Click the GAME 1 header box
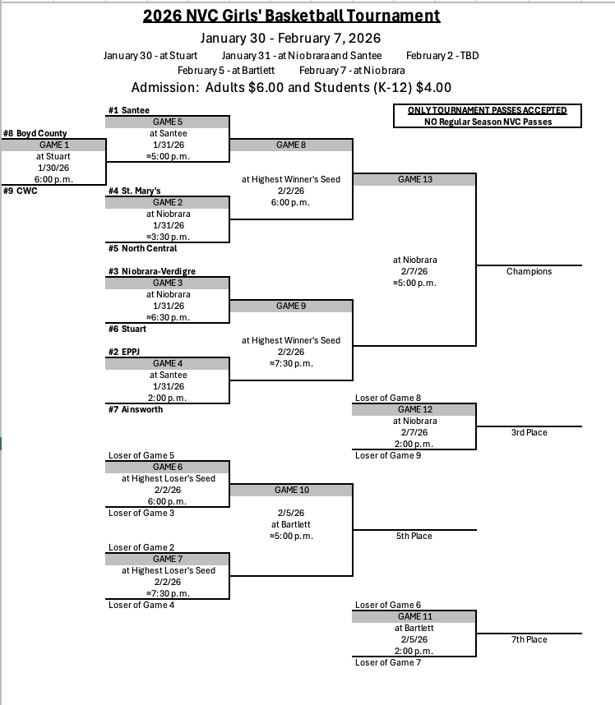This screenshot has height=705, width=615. pos(53,145)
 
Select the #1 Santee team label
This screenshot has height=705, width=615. pos(129,110)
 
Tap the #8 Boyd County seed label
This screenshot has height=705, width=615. pos(35,133)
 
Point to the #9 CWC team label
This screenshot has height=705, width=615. pos(21,191)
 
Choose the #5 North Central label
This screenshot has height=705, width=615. pos(142,248)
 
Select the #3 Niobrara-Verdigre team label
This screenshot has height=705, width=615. pos(152,271)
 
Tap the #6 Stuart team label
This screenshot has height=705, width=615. pos(127,329)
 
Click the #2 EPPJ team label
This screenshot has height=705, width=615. pos(126,352)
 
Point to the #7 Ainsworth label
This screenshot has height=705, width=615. pos(136,409)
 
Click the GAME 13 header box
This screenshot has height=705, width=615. pos(414,179)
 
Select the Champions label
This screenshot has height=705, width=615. pos(529,271)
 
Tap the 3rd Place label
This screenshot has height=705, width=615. pos(529,432)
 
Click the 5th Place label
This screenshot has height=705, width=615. pos(414,536)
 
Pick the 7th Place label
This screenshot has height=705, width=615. pos(529,639)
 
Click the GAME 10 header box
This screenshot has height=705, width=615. pos(291,490)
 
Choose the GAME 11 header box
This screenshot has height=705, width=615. pos(414,616)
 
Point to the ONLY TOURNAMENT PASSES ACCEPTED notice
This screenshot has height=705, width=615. pos(487,110)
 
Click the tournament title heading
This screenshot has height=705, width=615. pos(292,16)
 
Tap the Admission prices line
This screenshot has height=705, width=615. pos(292,88)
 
